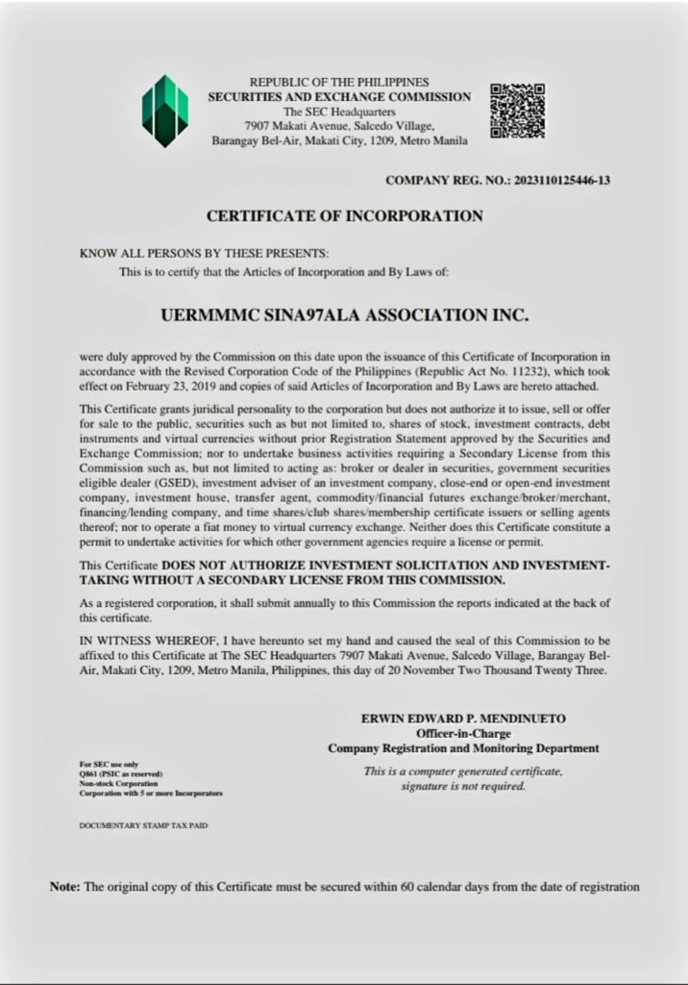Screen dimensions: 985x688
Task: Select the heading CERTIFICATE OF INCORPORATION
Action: [344, 216]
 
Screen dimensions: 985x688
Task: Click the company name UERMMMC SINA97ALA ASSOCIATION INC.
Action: [344, 315]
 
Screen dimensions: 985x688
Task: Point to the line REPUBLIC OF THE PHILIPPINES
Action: [339, 83]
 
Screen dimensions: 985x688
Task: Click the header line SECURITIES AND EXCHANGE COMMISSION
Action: [339, 97]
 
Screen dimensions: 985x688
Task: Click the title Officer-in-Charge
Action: [463, 733]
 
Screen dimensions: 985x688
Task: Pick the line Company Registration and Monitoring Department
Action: [463, 747]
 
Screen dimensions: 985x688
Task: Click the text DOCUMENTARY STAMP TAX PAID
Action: [142, 825]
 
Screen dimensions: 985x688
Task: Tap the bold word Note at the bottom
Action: [64, 886]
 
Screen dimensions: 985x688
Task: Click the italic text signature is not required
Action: [463, 786]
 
